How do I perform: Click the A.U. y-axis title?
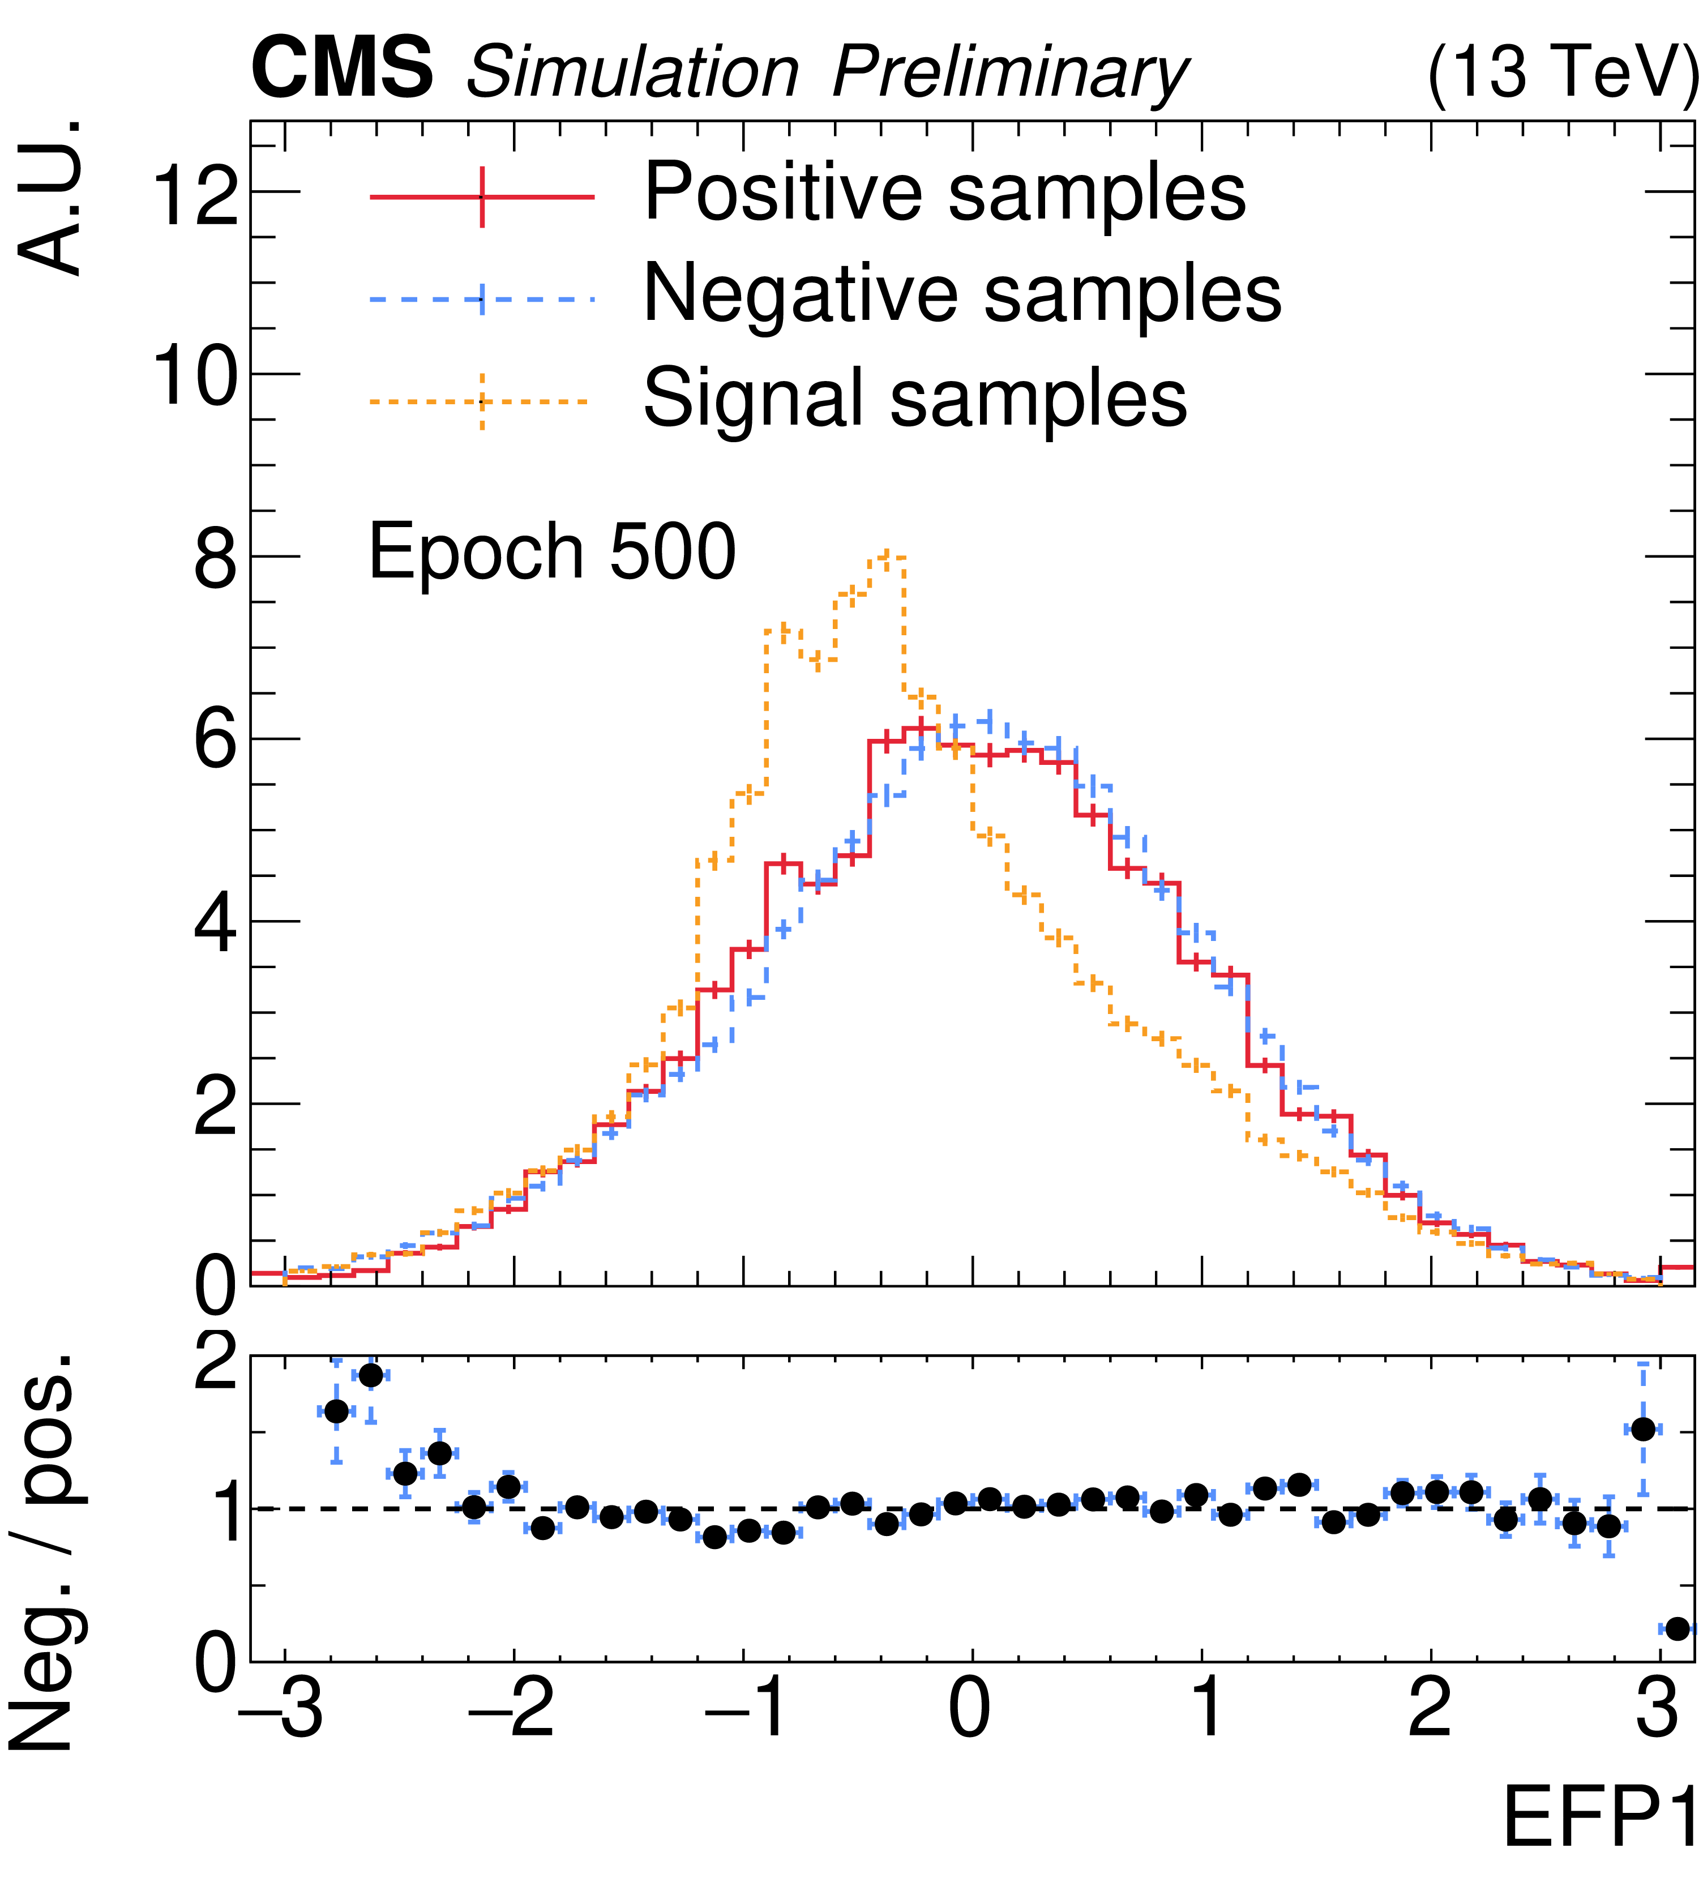click(x=51, y=198)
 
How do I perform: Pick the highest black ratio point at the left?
click(x=371, y=1375)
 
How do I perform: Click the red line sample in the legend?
click(x=482, y=196)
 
